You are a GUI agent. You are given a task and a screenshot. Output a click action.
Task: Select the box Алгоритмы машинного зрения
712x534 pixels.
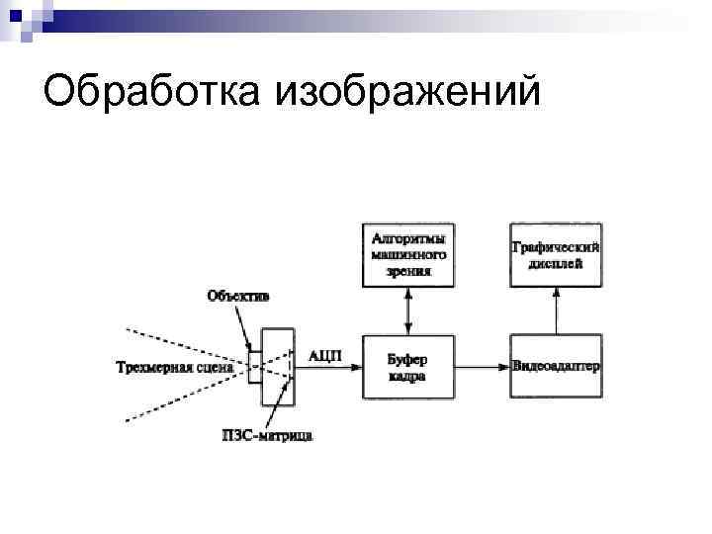(x=408, y=254)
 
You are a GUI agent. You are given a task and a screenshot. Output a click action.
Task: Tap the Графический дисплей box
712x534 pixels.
(x=555, y=254)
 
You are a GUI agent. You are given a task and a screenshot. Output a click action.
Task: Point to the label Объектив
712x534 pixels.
(x=237, y=295)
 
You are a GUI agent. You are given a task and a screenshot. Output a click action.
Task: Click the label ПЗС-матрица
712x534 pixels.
(x=267, y=435)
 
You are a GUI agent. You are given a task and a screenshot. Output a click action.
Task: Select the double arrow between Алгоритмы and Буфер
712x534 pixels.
(x=408, y=311)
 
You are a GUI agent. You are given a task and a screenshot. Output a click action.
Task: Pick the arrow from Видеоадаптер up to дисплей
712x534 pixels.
(x=555, y=311)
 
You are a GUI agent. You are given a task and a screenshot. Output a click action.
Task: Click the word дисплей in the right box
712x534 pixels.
(x=555, y=264)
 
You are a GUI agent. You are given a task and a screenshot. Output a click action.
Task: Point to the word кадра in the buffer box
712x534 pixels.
(x=407, y=377)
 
